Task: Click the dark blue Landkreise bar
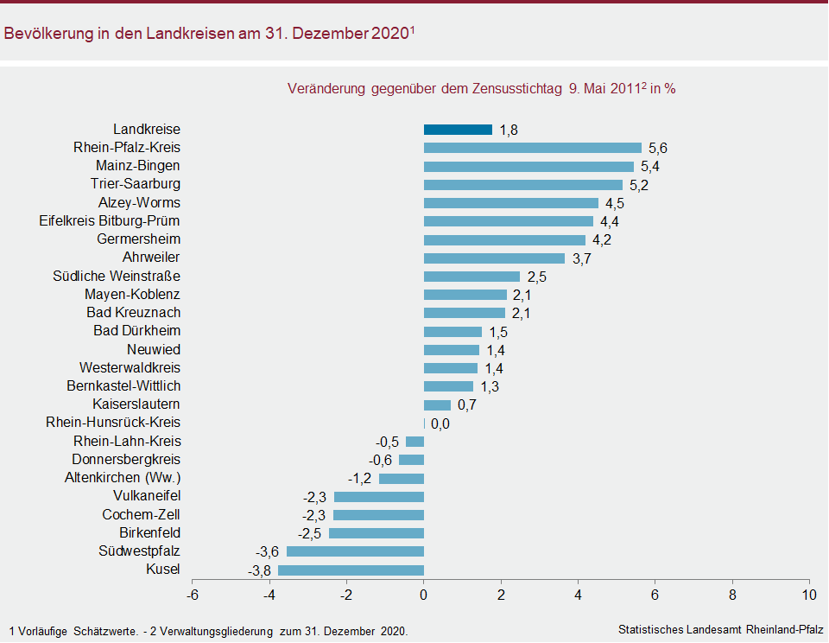tap(458, 130)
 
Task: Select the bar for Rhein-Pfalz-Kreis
tap(532, 148)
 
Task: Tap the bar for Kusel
tap(351, 570)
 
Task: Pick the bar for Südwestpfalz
tap(355, 551)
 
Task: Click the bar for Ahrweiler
tap(494, 258)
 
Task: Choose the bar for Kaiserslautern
tap(437, 404)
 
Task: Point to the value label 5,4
tap(649, 167)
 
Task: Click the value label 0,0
tap(440, 423)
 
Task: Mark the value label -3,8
tap(260, 570)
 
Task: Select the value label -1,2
tap(360, 479)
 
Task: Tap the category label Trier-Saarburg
tap(136, 184)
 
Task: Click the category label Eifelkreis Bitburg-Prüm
tap(110, 220)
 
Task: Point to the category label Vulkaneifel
tap(147, 496)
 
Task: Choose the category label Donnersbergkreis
tap(126, 460)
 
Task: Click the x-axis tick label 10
tap(809, 595)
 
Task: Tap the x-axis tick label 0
tap(424, 595)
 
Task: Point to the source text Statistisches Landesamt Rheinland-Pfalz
tap(720, 629)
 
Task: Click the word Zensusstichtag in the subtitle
tap(516, 88)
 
